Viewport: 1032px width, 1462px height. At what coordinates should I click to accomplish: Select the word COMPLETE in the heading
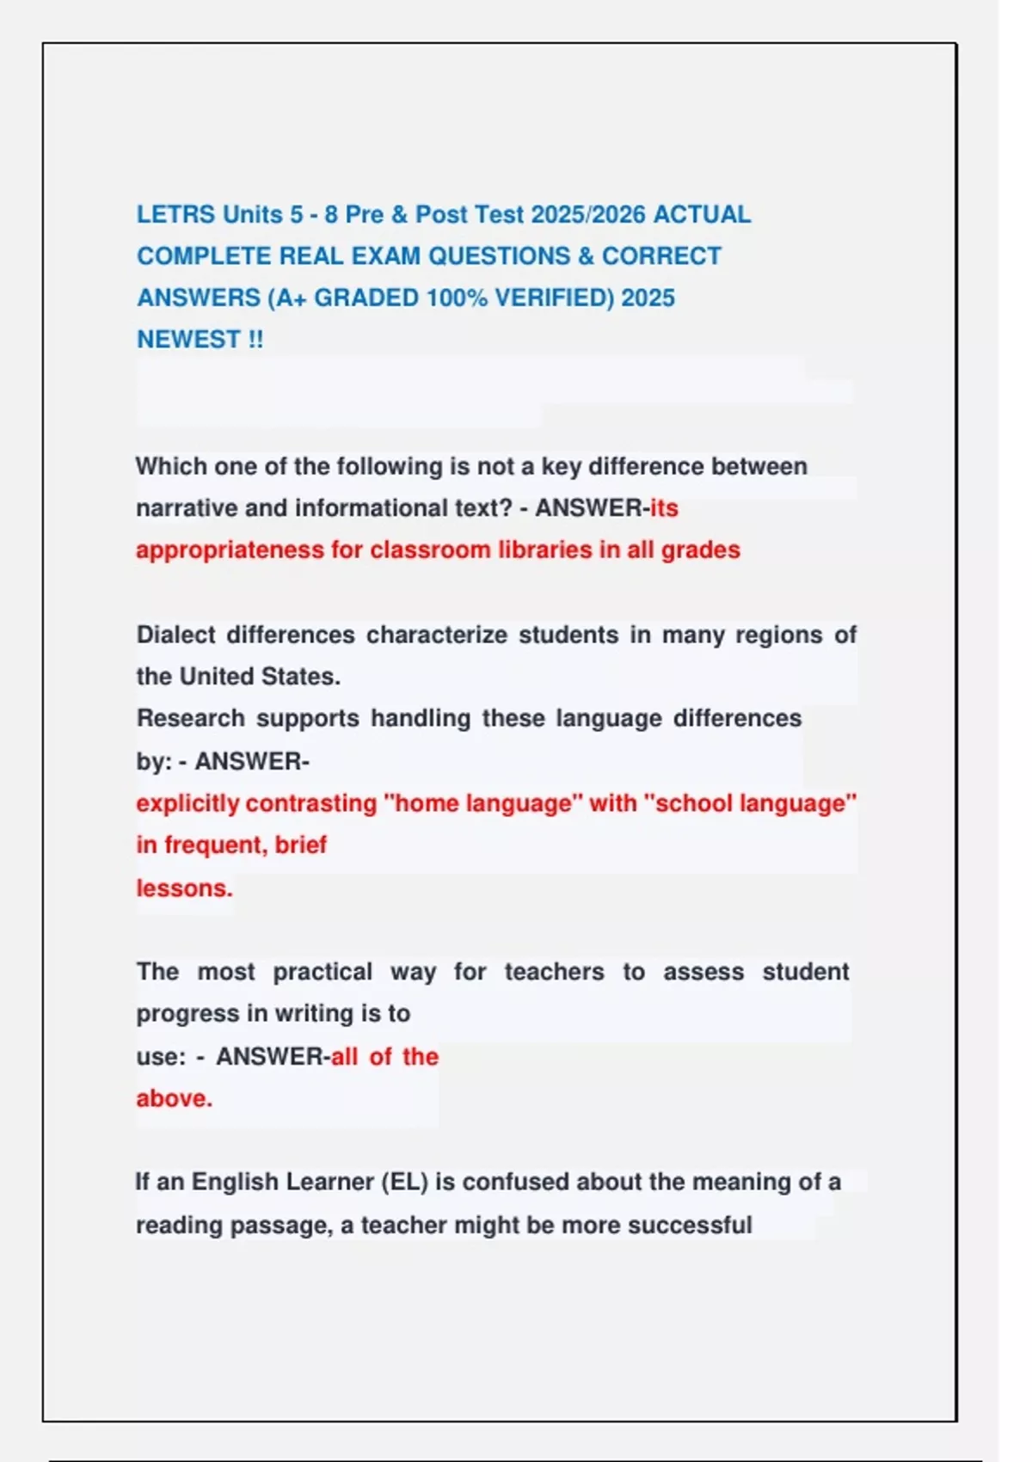coord(204,256)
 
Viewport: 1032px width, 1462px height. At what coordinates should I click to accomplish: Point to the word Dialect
coord(175,635)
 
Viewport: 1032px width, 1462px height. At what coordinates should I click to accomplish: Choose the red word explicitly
coord(187,803)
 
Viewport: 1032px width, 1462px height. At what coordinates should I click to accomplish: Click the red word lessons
coord(184,888)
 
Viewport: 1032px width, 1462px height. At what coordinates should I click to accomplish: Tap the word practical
coord(322,972)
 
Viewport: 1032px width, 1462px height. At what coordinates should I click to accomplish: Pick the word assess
coord(703,972)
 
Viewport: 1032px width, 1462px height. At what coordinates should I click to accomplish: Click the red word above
coord(174,1098)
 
